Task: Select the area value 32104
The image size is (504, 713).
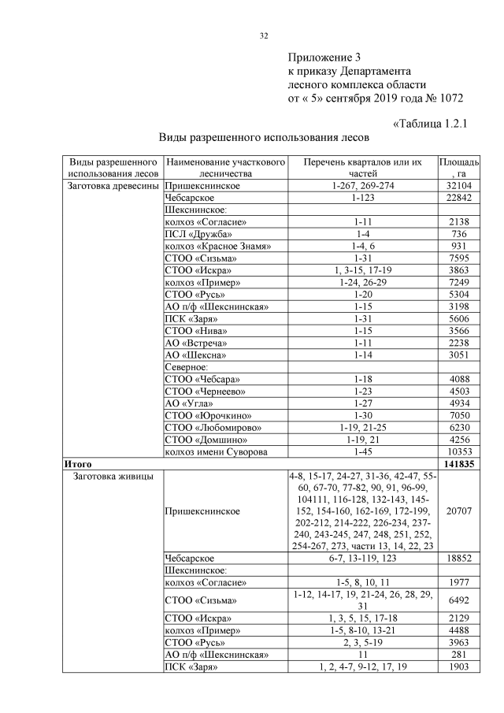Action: coord(459,186)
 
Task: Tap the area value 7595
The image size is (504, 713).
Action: coord(459,258)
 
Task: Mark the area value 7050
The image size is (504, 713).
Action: coord(459,414)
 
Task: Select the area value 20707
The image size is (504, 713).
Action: coord(459,511)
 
